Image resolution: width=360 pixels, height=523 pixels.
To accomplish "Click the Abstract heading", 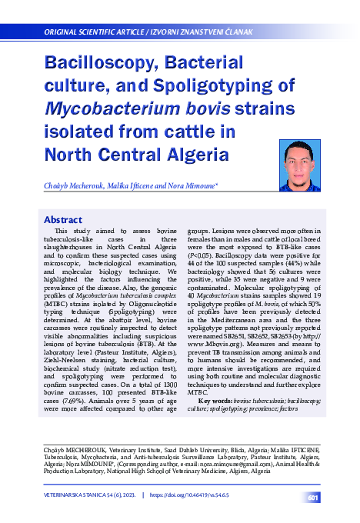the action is (62, 219).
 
